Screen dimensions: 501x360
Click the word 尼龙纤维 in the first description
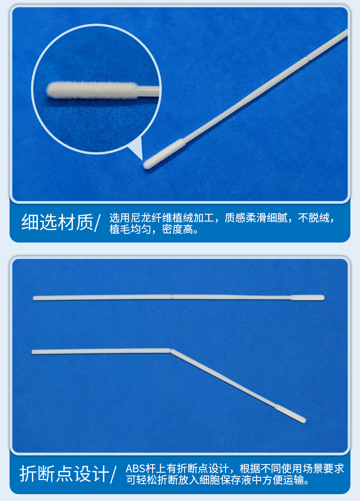[149, 218]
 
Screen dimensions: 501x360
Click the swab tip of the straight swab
[308, 298]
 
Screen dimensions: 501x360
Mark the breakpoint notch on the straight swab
[171, 296]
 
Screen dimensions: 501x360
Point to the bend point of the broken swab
[170, 350]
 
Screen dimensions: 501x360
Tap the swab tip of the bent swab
[291, 413]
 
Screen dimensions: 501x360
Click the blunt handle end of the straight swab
[35, 298]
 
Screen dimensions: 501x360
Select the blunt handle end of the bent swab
[34, 351]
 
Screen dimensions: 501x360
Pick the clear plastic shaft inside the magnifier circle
[148, 91]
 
